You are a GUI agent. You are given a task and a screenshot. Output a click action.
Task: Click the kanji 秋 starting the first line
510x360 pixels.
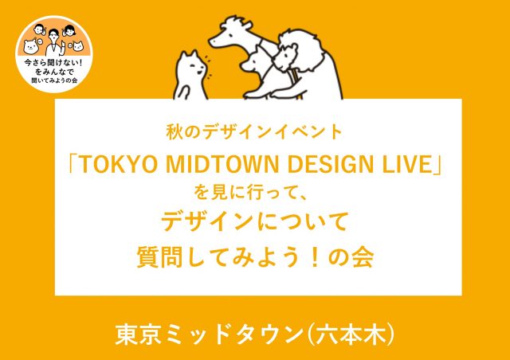pos(175,132)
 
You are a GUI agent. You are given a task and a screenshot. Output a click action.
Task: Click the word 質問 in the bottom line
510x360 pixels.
pos(160,256)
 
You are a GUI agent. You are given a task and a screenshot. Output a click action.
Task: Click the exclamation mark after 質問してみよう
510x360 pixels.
pos(315,256)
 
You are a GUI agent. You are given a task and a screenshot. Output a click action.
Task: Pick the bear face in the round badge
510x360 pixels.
pos(31,47)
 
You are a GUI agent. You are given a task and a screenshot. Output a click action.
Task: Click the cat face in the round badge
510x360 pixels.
pos(78,46)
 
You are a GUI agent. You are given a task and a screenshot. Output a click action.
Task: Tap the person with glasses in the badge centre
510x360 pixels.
pos(53,41)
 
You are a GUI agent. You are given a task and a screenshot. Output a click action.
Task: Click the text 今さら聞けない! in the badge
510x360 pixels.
pos(53,62)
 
